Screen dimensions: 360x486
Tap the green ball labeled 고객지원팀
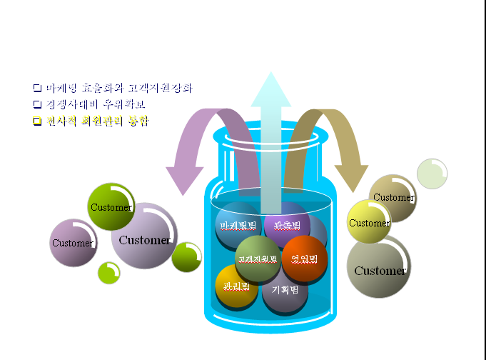[x=257, y=258]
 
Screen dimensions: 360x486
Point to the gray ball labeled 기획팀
[x=285, y=291]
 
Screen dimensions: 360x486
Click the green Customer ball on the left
[x=111, y=207]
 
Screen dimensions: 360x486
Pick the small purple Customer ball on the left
[x=73, y=243]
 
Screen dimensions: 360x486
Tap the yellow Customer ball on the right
[x=369, y=222]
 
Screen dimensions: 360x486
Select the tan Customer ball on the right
[x=393, y=197]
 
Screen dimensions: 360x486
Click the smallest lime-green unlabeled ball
[x=108, y=272]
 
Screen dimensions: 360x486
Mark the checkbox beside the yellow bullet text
[x=37, y=121]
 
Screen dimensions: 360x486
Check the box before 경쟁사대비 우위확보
[x=37, y=104]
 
